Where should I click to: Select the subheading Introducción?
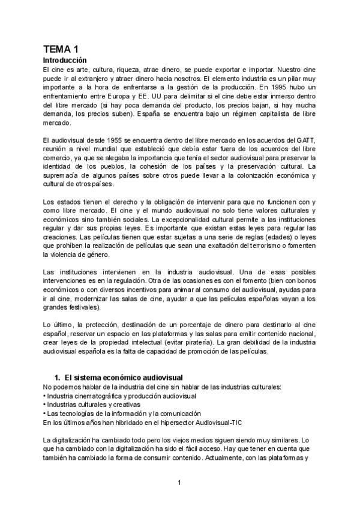click(x=65, y=61)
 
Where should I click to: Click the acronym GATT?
click(x=304, y=140)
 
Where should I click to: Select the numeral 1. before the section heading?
click(x=58, y=378)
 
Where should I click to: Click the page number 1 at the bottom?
click(x=179, y=482)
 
